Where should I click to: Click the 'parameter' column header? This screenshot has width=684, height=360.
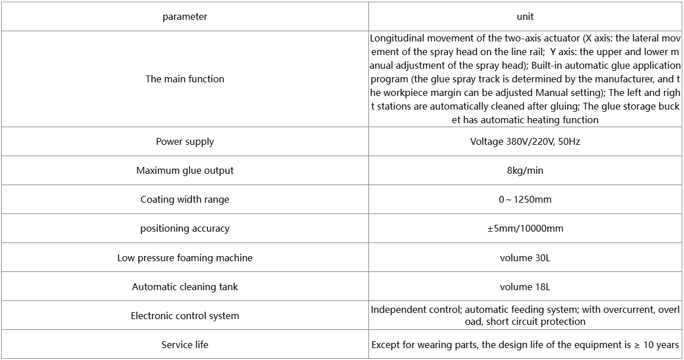click(184, 16)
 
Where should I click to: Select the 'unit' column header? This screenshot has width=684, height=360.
click(525, 16)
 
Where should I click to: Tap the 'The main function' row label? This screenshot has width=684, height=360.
click(184, 79)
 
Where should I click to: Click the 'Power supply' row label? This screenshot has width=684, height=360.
click(184, 141)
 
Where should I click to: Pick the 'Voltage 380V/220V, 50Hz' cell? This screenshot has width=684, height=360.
click(525, 141)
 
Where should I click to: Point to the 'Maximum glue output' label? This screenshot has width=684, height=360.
click(184, 170)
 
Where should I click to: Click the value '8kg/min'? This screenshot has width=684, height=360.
click(525, 170)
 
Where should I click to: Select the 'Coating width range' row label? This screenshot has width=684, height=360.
click(184, 199)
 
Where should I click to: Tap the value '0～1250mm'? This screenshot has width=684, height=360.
click(525, 199)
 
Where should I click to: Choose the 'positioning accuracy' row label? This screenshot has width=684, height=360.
click(184, 228)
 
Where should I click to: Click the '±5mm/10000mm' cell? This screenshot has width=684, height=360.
click(525, 228)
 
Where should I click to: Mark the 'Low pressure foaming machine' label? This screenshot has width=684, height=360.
click(184, 258)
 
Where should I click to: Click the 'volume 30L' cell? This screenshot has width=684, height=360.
click(525, 258)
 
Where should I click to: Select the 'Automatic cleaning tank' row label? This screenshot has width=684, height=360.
click(184, 287)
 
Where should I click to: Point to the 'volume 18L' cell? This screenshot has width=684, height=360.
click(525, 287)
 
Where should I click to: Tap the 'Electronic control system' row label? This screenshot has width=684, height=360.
click(184, 316)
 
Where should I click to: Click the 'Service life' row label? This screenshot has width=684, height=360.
click(184, 345)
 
